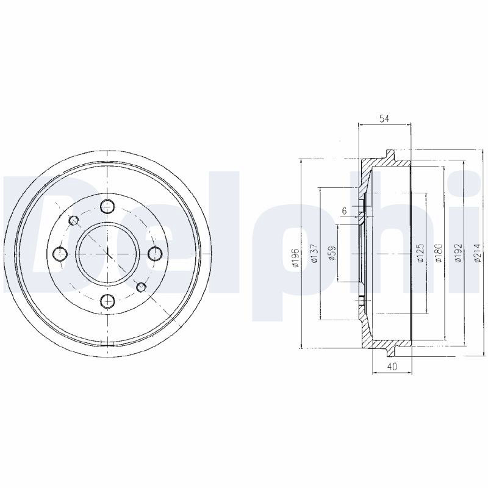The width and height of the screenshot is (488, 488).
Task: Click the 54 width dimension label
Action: coord(384,118)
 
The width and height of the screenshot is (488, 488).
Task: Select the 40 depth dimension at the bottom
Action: coord(392,367)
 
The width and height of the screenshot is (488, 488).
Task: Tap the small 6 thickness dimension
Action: coord(344,210)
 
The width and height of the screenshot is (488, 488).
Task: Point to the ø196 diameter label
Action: coord(296,257)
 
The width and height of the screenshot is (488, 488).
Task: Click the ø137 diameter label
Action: coord(314,253)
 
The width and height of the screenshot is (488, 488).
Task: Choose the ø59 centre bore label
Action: coord(332,253)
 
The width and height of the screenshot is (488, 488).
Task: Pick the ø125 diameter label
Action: coord(420,253)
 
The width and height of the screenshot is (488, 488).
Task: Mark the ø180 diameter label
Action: coord(439,253)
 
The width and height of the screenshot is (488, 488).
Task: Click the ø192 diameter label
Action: coord(457,253)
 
